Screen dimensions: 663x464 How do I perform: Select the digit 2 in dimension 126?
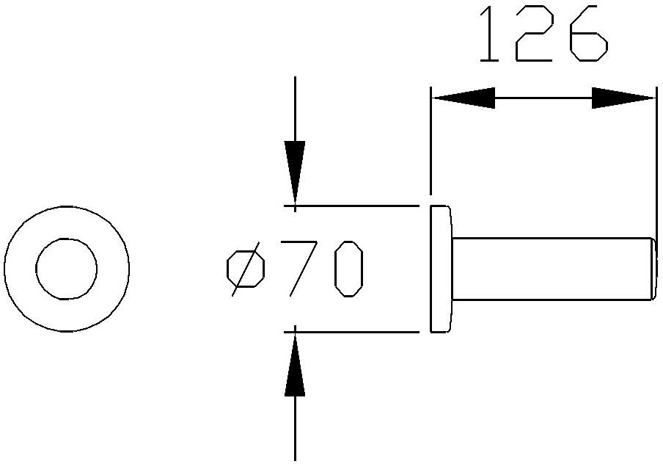[534, 34]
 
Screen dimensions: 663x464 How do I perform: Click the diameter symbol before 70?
[246, 269]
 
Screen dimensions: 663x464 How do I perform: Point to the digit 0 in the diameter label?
[348, 269]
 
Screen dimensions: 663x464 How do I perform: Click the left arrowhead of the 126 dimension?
[464, 98]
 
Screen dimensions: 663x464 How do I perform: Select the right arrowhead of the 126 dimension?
[623, 98]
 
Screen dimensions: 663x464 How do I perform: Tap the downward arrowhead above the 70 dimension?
[295, 173]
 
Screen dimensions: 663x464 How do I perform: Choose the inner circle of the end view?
[67, 239]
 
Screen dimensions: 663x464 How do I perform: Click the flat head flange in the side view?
[441, 269]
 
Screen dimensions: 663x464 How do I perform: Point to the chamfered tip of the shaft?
[654, 269]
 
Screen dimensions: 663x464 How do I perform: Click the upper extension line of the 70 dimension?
[351, 206]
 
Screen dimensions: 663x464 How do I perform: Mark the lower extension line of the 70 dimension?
[351, 332]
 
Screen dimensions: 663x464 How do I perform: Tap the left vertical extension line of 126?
[431, 140]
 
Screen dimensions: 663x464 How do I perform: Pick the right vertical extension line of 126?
[656, 163]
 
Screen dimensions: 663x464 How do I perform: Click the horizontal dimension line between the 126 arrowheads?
[543, 98]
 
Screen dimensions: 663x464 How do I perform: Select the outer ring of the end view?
[67, 206]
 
